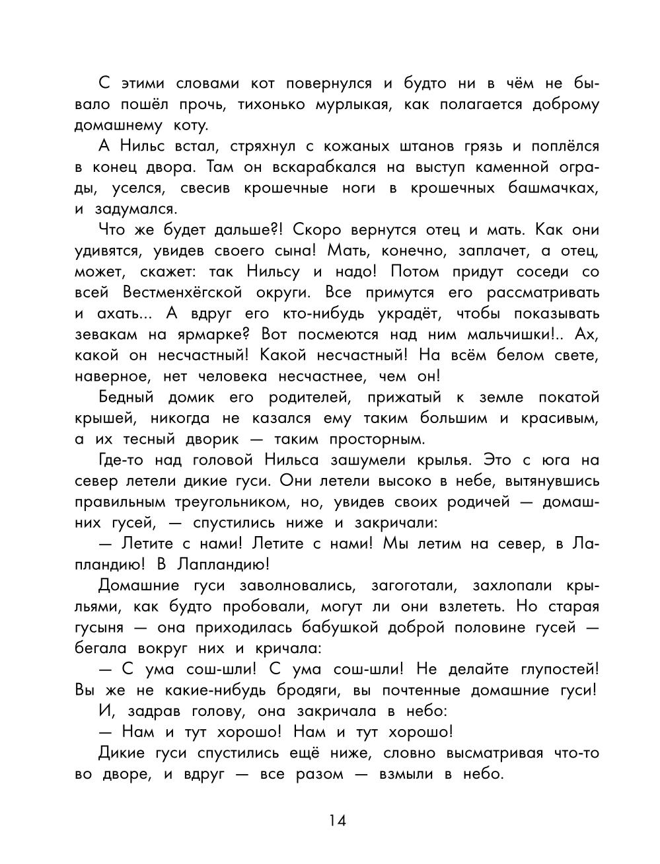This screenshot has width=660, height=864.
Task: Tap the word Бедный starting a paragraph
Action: [x=126, y=397]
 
